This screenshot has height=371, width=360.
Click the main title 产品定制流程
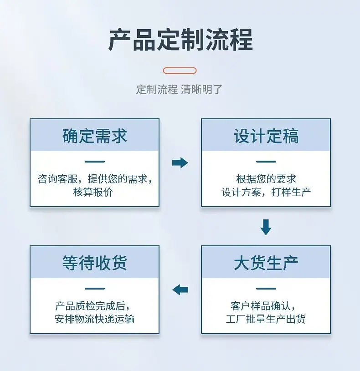180,40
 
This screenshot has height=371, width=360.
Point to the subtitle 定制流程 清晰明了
179,89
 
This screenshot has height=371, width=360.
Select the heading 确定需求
95,136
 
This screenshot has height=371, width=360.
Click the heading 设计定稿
266,136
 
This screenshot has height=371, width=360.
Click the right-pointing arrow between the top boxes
180,163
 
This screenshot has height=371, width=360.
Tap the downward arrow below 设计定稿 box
266,227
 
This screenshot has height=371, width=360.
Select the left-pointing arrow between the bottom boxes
180,290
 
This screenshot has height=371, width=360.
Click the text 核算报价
93,192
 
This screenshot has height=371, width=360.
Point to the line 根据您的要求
266,178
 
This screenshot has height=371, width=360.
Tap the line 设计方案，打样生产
266,192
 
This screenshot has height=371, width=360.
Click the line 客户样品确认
263,306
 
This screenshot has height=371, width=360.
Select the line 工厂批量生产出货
266,319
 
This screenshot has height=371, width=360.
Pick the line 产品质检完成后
93,306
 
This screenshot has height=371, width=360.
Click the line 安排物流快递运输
94,319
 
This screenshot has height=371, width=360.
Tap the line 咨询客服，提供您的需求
95,178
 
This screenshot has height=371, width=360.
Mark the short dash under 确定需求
95,162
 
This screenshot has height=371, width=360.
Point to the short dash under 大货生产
266,289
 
